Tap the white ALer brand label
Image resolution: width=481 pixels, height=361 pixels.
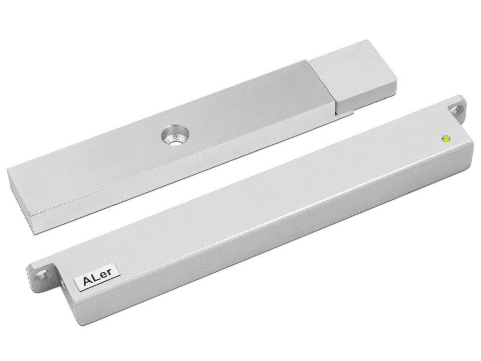pos(93,280)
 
